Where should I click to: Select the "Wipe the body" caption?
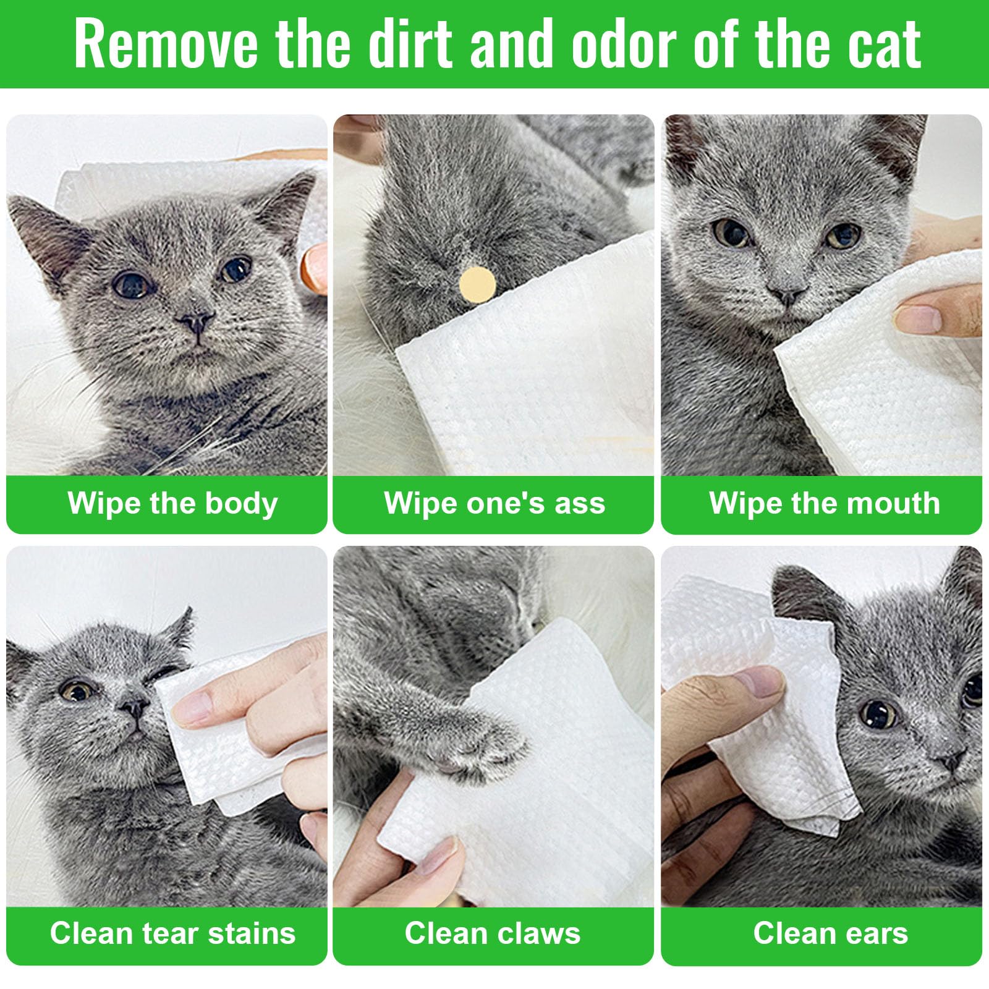coord(173,503)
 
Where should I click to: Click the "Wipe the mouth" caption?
coord(825,503)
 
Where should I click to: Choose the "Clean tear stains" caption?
coord(173,933)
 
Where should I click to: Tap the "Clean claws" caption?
coord(493,933)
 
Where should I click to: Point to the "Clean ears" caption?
coord(830,933)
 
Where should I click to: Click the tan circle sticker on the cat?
coord(477,285)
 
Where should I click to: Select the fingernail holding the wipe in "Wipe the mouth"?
coord(917,319)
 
